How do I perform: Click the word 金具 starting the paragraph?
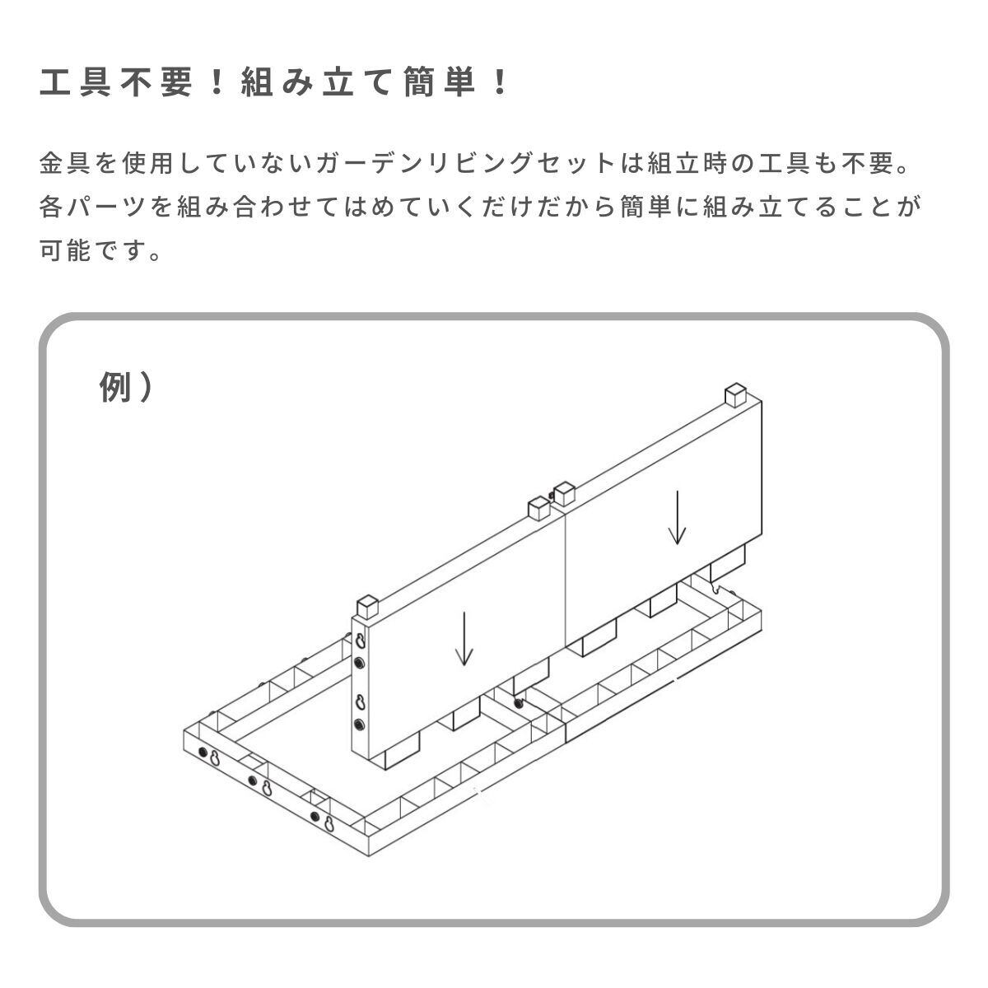coord(66,164)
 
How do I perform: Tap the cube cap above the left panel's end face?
coord(368,607)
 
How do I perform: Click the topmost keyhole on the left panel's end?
coord(360,639)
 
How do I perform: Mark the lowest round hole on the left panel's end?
coord(359,725)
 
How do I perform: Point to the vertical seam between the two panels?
coord(566,576)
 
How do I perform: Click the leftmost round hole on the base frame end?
coord(203,753)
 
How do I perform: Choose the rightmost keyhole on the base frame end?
coord(328,823)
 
